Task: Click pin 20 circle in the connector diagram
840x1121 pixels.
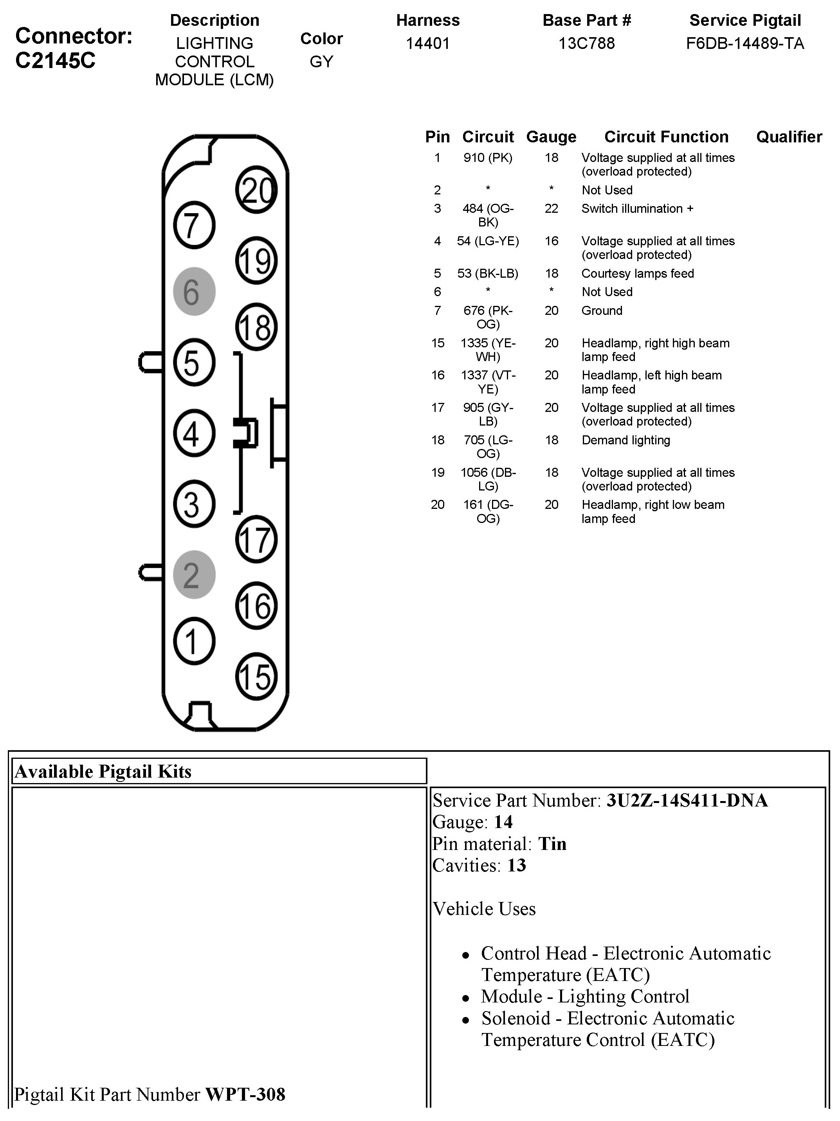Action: pos(256,190)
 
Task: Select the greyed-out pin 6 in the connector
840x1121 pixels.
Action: pos(194,291)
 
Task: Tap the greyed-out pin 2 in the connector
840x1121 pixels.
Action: pos(194,575)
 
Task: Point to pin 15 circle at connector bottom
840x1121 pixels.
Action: pos(256,677)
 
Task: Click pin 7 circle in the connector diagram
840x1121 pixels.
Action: pos(194,225)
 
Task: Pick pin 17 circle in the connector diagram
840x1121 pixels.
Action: pos(256,539)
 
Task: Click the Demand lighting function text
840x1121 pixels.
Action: pos(626,440)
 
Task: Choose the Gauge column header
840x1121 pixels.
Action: pos(552,137)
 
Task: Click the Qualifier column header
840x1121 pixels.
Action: pos(789,137)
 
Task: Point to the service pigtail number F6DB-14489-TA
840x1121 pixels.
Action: pos(745,43)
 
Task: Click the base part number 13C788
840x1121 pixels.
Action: pos(586,43)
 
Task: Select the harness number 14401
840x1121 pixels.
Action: pos(427,43)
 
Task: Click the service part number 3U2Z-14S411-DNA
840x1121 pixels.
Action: pos(687,800)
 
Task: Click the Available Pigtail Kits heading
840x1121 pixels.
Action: pos(103,771)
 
